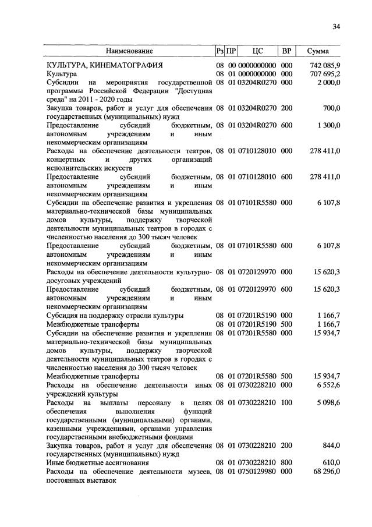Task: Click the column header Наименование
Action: (129, 51)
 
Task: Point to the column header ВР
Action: (286, 51)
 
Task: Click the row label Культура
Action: (62, 75)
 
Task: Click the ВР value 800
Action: (286, 462)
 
